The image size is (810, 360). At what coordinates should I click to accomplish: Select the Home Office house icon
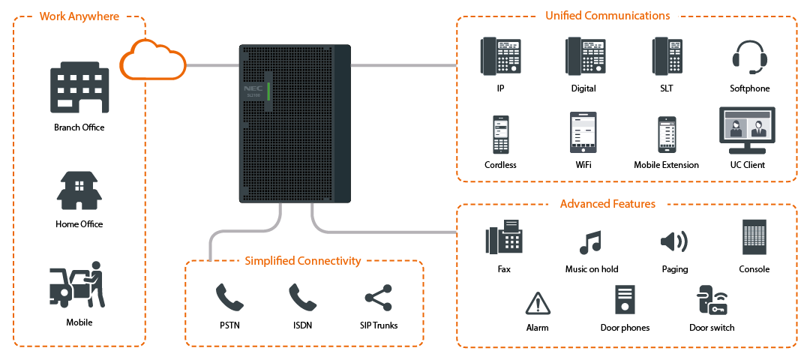point(79,190)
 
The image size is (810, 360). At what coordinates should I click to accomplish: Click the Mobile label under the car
point(79,322)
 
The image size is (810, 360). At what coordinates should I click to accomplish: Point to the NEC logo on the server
point(253,88)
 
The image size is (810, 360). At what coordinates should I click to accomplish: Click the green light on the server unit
point(268,91)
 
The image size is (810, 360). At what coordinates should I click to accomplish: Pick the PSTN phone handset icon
point(229,298)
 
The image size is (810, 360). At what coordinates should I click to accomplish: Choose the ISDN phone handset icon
point(303,298)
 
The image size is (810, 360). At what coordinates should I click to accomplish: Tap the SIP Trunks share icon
point(379,298)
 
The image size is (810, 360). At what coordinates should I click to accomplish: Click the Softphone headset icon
point(749,56)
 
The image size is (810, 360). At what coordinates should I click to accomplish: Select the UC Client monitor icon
point(747,130)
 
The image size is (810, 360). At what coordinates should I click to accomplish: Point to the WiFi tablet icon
point(583,133)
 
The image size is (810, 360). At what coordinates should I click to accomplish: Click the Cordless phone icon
point(500,135)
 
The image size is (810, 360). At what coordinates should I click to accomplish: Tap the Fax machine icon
point(504,236)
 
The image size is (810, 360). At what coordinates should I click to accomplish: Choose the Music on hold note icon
point(591,242)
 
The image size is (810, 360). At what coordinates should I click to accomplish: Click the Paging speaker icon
point(674,241)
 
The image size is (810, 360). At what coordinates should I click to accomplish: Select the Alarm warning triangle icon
point(538,303)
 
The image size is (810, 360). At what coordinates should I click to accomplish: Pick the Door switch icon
point(712,300)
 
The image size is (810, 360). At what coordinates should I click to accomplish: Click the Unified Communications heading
point(607,16)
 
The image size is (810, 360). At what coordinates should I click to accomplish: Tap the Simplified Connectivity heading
point(303,261)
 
